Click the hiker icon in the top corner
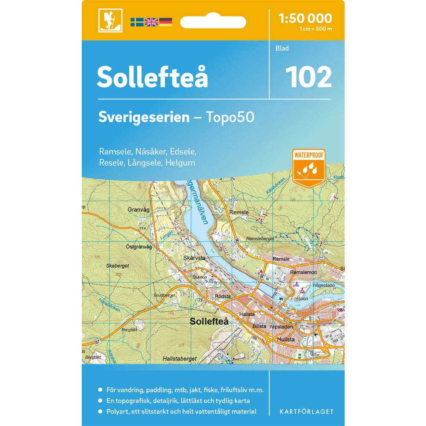click(x=110, y=20)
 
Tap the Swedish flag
click(x=137, y=22)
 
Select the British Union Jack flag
click(x=151, y=22)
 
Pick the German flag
click(x=166, y=22)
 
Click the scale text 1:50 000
click(x=305, y=18)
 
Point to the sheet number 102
click(x=308, y=77)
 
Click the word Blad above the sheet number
click(x=282, y=49)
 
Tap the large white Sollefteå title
click(x=152, y=77)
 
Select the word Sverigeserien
click(x=144, y=117)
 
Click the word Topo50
click(x=230, y=117)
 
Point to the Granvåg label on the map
click(x=138, y=210)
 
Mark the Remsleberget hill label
click(x=260, y=239)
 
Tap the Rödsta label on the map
click(x=223, y=296)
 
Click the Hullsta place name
click(x=285, y=340)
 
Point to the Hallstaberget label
click(x=179, y=359)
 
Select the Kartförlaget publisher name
click(x=306, y=412)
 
